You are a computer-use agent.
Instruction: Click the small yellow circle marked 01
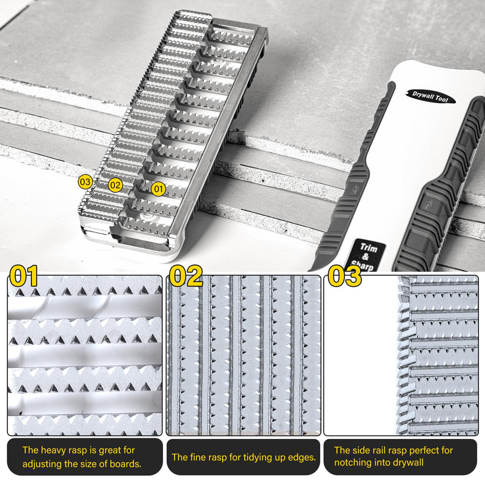click(158, 189)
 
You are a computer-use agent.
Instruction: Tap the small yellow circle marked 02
click(115, 185)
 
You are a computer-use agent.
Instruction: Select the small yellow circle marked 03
click(85, 181)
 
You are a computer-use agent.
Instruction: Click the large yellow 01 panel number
click(24, 276)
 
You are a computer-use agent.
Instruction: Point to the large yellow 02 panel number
click(186, 276)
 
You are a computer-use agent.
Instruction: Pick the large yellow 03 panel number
click(344, 276)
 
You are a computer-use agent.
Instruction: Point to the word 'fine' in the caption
click(201, 457)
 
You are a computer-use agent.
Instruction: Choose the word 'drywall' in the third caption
click(407, 464)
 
